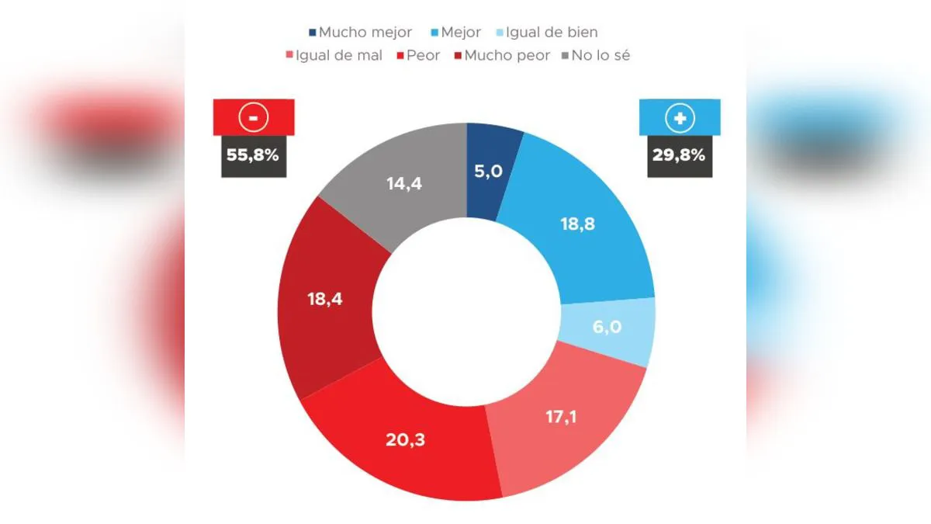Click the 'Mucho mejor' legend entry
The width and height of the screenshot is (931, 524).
pos(361,33)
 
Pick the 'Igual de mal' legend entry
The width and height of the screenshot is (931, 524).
pos(334,56)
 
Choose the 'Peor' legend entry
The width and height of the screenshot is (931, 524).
pos(418,56)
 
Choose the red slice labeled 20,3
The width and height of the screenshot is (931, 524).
pos(405,439)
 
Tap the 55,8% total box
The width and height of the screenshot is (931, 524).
pos(253,154)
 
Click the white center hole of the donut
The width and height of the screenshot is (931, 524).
pos(466,311)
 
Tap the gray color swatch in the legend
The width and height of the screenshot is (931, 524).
pos(567,56)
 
